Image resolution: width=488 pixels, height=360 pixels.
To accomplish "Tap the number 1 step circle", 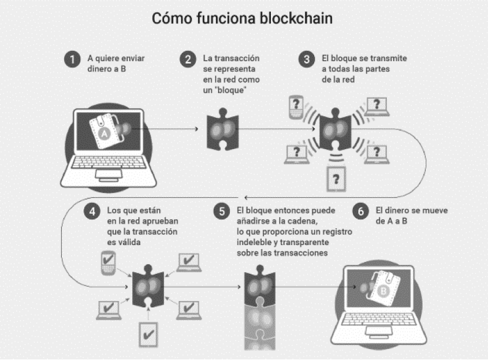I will pos(72,60).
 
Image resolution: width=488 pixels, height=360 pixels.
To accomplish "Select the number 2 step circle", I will pos(188,60).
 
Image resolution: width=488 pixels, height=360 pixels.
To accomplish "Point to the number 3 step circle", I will pos(306,60).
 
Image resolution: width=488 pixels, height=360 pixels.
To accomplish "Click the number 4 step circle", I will pos(91,211).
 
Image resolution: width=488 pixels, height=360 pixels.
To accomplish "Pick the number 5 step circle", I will pos(222,211).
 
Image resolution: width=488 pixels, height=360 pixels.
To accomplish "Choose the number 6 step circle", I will pos(360,211).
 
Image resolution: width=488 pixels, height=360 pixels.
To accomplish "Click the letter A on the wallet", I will pos(104,134).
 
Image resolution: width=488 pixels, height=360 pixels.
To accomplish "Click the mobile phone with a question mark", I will pos(296,106).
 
